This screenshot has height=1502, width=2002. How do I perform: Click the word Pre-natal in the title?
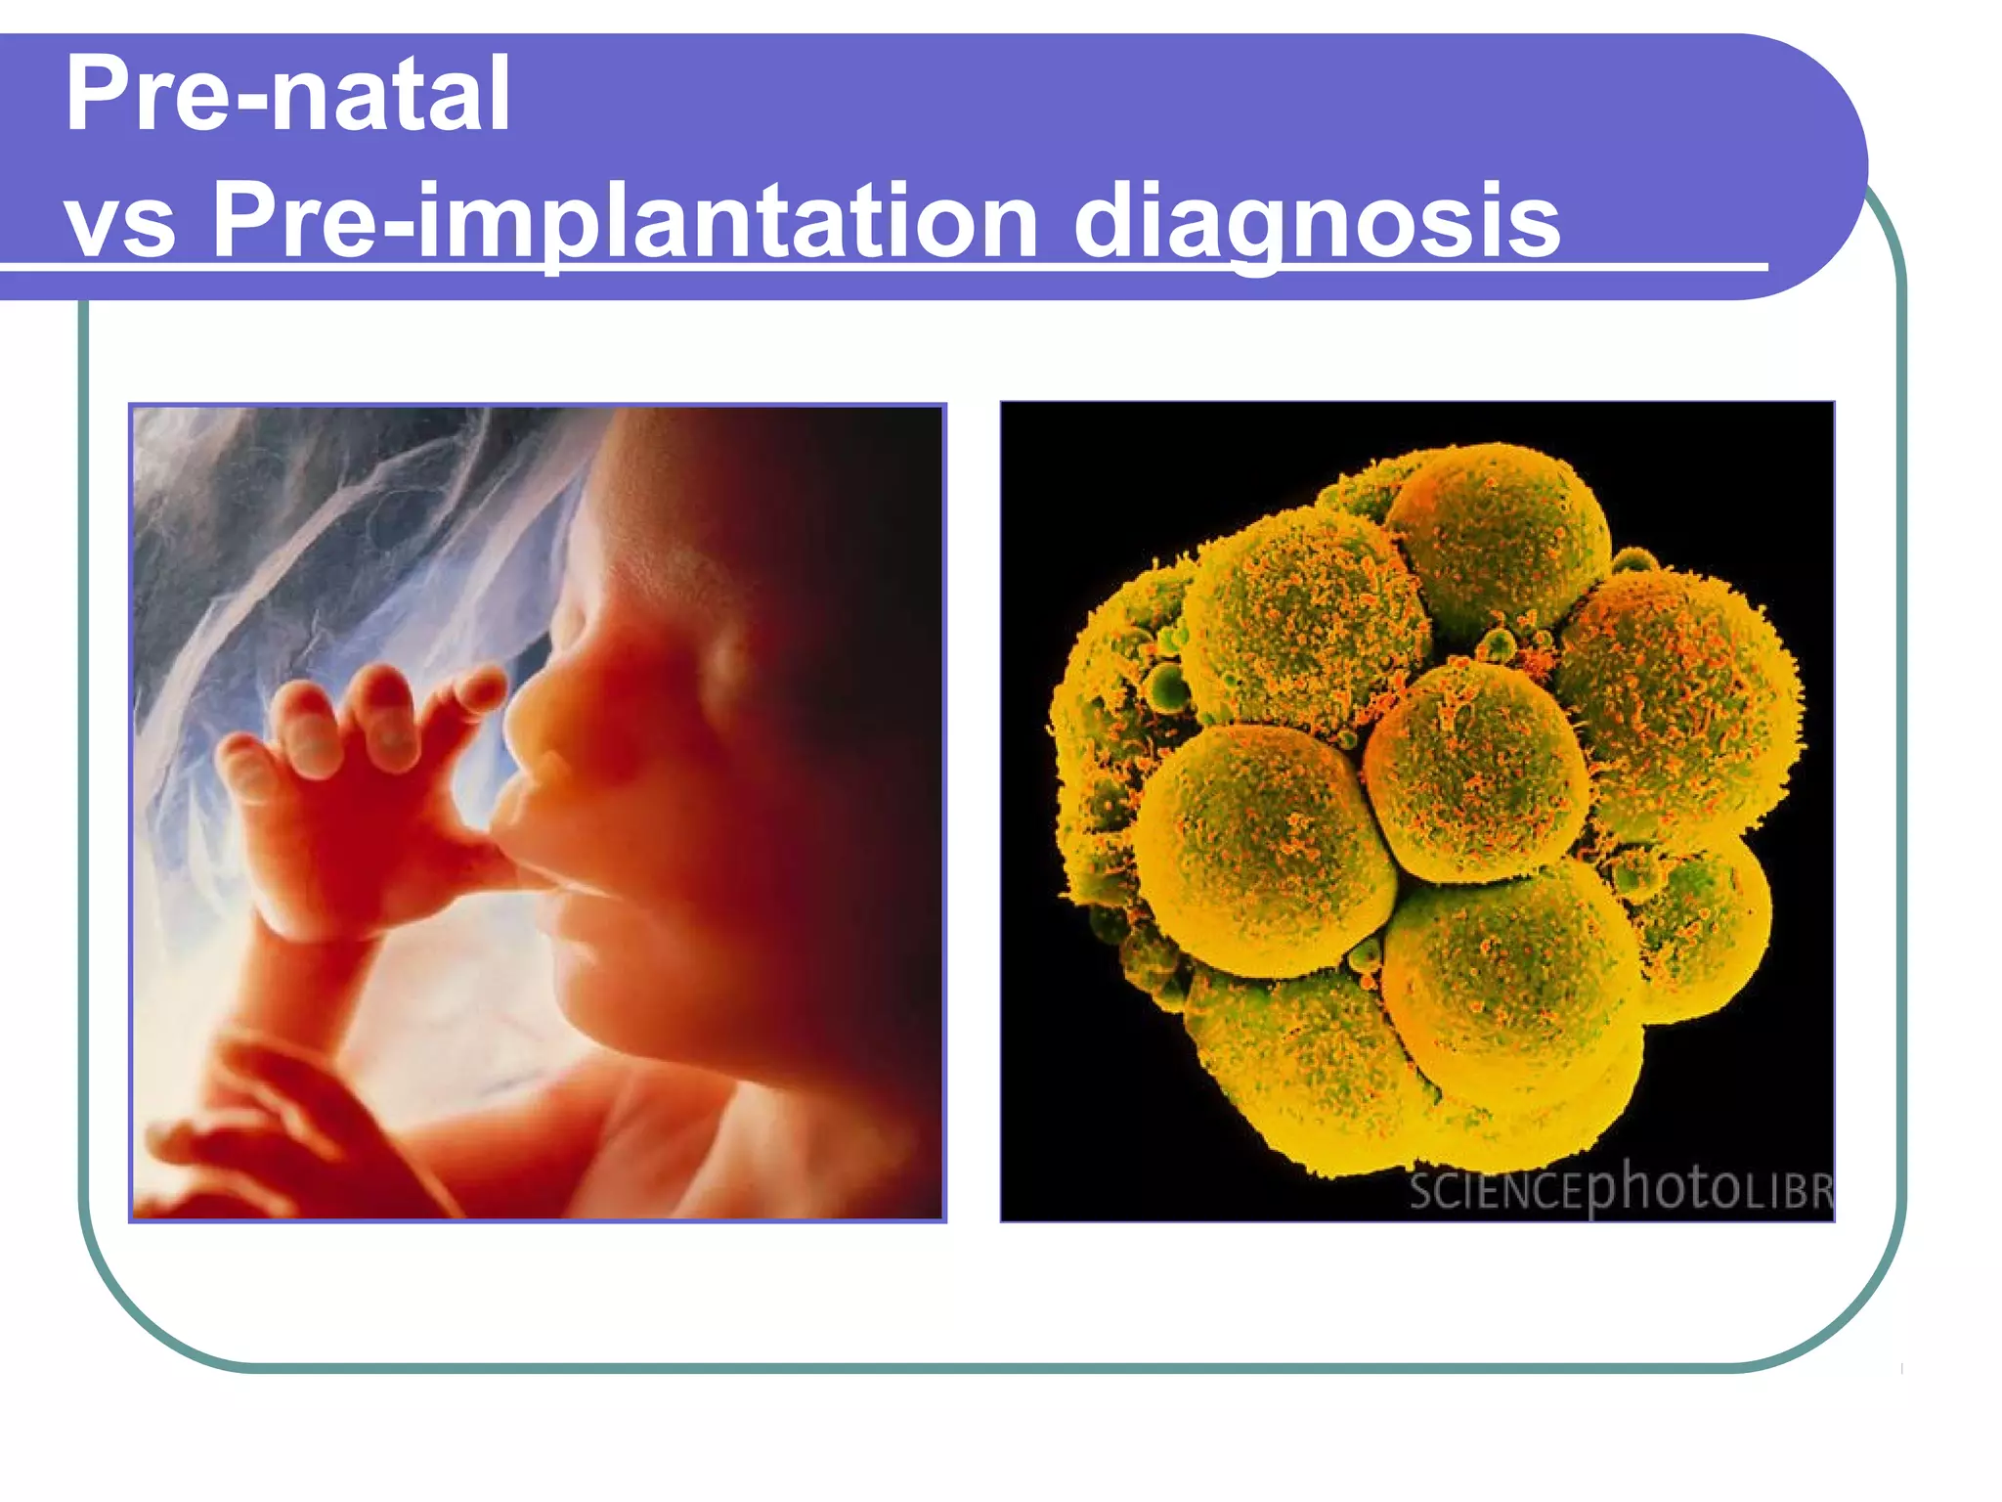pos(287,95)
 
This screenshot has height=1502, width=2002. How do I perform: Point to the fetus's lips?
pos(528,831)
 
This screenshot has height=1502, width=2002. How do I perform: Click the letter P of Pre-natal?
pos(98,95)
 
